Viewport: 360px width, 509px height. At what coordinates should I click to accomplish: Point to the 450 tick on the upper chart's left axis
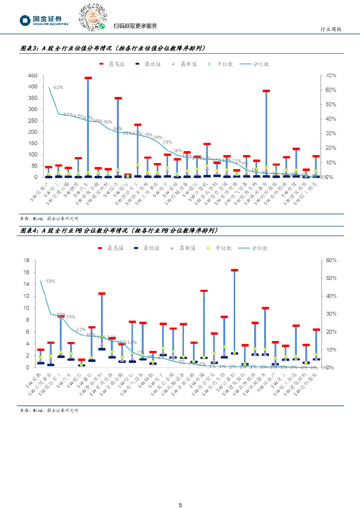click(32, 76)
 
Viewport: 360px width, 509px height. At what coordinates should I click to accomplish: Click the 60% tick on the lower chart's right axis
click(331, 260)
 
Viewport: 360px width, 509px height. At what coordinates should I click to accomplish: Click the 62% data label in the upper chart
click(58, 87)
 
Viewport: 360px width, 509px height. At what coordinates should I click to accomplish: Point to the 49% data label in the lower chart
click(50, 281)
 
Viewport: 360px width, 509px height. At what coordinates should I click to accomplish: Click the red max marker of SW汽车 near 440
click(88, 78)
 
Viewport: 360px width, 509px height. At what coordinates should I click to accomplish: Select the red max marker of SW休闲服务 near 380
click(266, 91)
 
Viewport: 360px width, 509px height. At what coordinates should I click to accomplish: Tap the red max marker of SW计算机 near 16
click(234, 270)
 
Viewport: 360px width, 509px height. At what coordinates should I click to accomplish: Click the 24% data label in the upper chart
click(167, 142)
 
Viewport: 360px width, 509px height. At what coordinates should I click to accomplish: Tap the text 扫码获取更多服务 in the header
click(135, 26)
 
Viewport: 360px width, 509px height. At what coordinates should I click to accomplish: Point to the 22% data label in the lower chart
click(80, 329)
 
